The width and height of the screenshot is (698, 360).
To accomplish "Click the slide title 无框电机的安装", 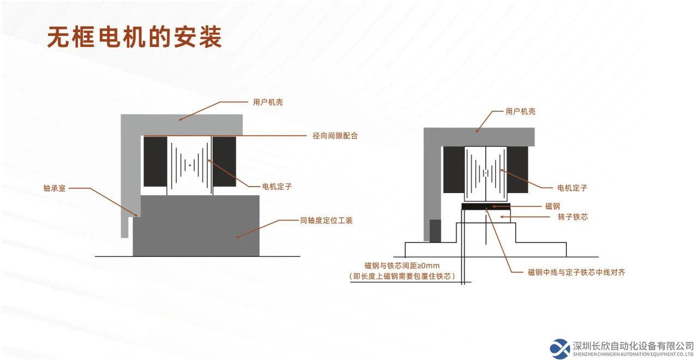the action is tap(134, 37).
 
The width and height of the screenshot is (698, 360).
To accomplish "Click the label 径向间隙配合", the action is tap(335, 136).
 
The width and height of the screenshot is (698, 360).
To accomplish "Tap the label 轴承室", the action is tap(55, 188).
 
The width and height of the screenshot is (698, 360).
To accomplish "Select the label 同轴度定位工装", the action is tap(326, 221).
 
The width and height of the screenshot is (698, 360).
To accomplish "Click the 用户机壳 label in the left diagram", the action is tap(268, 102).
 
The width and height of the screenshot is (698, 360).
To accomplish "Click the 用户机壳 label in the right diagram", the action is tap(520, 112).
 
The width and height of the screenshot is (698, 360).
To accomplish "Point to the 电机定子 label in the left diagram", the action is tap(277, 187).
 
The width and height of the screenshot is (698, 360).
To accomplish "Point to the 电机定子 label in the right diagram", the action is tap(572, 188).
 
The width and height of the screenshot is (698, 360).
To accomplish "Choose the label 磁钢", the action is tap(552, 206).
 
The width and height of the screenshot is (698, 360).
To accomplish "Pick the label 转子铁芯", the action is tap(573, 217).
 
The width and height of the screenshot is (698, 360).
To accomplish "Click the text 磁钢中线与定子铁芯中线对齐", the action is tap(576, 272).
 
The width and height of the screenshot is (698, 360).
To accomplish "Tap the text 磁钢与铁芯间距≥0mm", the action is tap(402, 266).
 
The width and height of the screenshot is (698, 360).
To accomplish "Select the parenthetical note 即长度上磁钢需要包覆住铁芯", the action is tap(402, 277).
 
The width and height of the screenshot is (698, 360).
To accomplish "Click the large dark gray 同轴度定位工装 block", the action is tap(196, 226).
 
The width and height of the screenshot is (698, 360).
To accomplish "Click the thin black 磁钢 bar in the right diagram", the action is tap(486, 206).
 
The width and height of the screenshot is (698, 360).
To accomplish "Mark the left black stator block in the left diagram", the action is tap(155, 161).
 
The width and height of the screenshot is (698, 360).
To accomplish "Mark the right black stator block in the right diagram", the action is tap(518, 170).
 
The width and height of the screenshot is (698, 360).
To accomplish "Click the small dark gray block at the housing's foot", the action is tap(435, 231).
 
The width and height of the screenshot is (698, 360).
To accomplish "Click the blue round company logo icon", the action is tap(559, 349).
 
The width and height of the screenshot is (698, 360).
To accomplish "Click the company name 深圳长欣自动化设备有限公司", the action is tap(633, 346).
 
